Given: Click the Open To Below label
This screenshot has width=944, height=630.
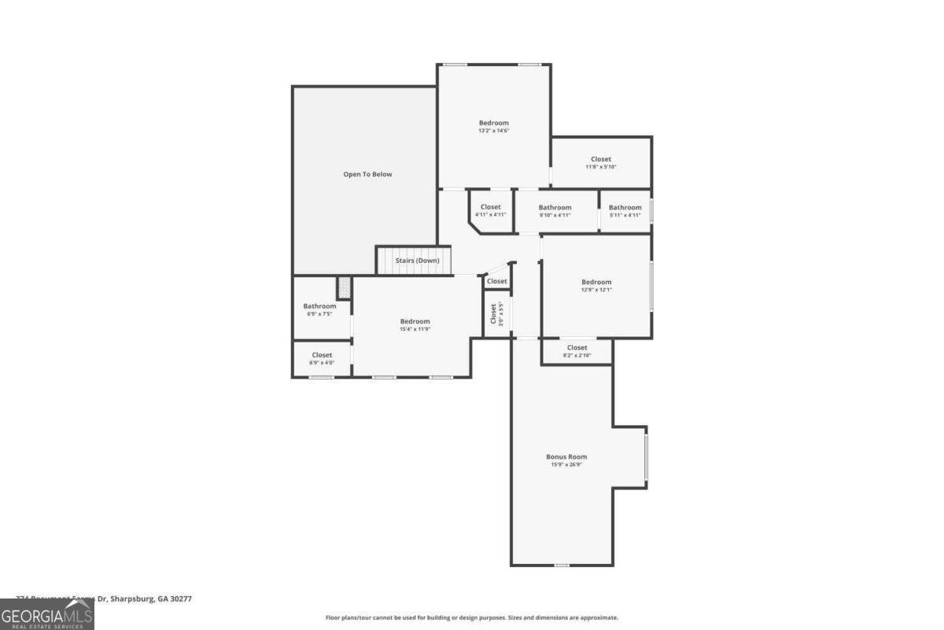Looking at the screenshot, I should (367, 174).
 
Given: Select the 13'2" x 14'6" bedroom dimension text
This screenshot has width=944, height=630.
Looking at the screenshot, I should (494, 131).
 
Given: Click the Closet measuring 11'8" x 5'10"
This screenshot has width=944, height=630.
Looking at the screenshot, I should (601, 163).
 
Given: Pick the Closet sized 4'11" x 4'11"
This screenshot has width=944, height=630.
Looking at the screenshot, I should (490, 211).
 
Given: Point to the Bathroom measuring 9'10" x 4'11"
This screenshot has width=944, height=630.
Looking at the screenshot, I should (555, 211).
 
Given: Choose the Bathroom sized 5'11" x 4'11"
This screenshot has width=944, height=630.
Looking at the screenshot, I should (625, 211).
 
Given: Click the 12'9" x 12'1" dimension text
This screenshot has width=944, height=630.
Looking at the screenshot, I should (596, 290).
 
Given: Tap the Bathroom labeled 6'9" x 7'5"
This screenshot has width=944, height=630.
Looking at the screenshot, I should (319, 309).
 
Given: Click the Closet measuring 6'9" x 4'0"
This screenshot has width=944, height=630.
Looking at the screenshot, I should (321, 358).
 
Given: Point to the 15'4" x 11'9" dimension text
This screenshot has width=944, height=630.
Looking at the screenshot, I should (415, 329).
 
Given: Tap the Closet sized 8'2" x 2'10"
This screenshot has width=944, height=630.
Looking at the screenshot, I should (577, 351).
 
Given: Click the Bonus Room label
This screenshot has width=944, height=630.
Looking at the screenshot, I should (566, 457).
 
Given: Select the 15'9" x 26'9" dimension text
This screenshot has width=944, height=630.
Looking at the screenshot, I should (566, 465).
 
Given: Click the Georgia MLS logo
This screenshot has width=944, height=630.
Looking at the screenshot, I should (46, 614).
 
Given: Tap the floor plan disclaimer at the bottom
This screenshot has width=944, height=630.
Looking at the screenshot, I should (472, 617).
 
